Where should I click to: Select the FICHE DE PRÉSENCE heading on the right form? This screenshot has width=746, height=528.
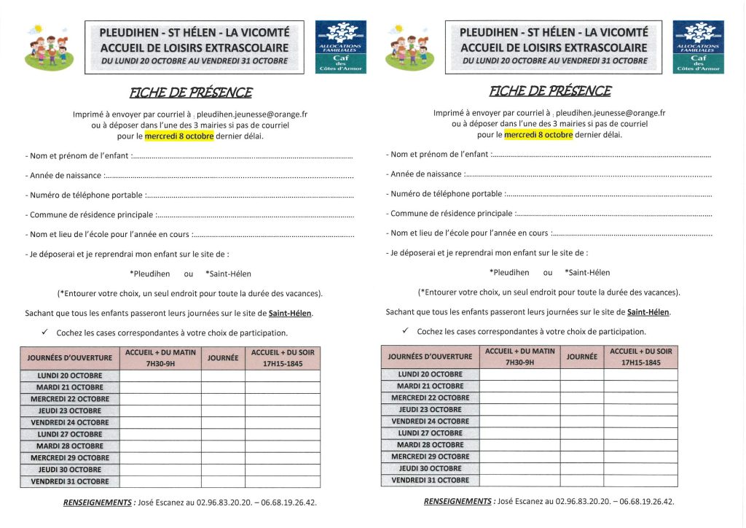[x=550, y=91]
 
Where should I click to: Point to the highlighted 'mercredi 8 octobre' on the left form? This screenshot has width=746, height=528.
[x=179, y=136]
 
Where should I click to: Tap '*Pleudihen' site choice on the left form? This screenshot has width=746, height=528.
[x=149, y=273]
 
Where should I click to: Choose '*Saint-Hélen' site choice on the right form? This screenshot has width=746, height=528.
[x=587, y=272]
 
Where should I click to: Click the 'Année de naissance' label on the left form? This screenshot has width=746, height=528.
[x=63, y=176]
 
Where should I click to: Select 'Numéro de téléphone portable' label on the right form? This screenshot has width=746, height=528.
[x=444, y=194]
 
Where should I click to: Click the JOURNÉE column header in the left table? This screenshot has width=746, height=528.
[x=223, y=358]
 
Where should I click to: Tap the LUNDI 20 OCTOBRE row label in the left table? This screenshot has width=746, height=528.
[x=70, y=376]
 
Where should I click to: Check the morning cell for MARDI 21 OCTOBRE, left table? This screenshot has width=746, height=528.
[x=160, y=387]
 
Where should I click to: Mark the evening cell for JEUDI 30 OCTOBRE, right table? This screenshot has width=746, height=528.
[x=641, y=468]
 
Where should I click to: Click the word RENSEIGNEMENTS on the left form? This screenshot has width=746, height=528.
[x=98, y=502]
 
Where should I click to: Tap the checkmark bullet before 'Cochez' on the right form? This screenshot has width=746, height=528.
[x=405, y=331]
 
